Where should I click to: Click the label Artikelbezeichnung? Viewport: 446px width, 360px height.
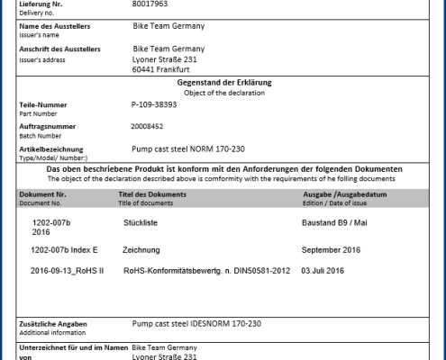point(51,148)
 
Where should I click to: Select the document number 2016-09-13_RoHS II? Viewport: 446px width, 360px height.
point(67,270)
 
